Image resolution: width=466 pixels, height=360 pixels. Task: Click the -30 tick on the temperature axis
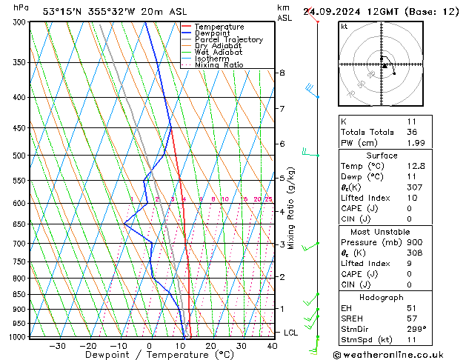point(57,346)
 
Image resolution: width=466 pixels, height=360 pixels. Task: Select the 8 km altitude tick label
point(282,73)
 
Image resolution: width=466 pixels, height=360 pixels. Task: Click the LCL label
point(290,333)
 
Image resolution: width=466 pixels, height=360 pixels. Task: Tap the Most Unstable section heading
point(382,232)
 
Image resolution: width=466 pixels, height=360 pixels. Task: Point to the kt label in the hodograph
point(344,26)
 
